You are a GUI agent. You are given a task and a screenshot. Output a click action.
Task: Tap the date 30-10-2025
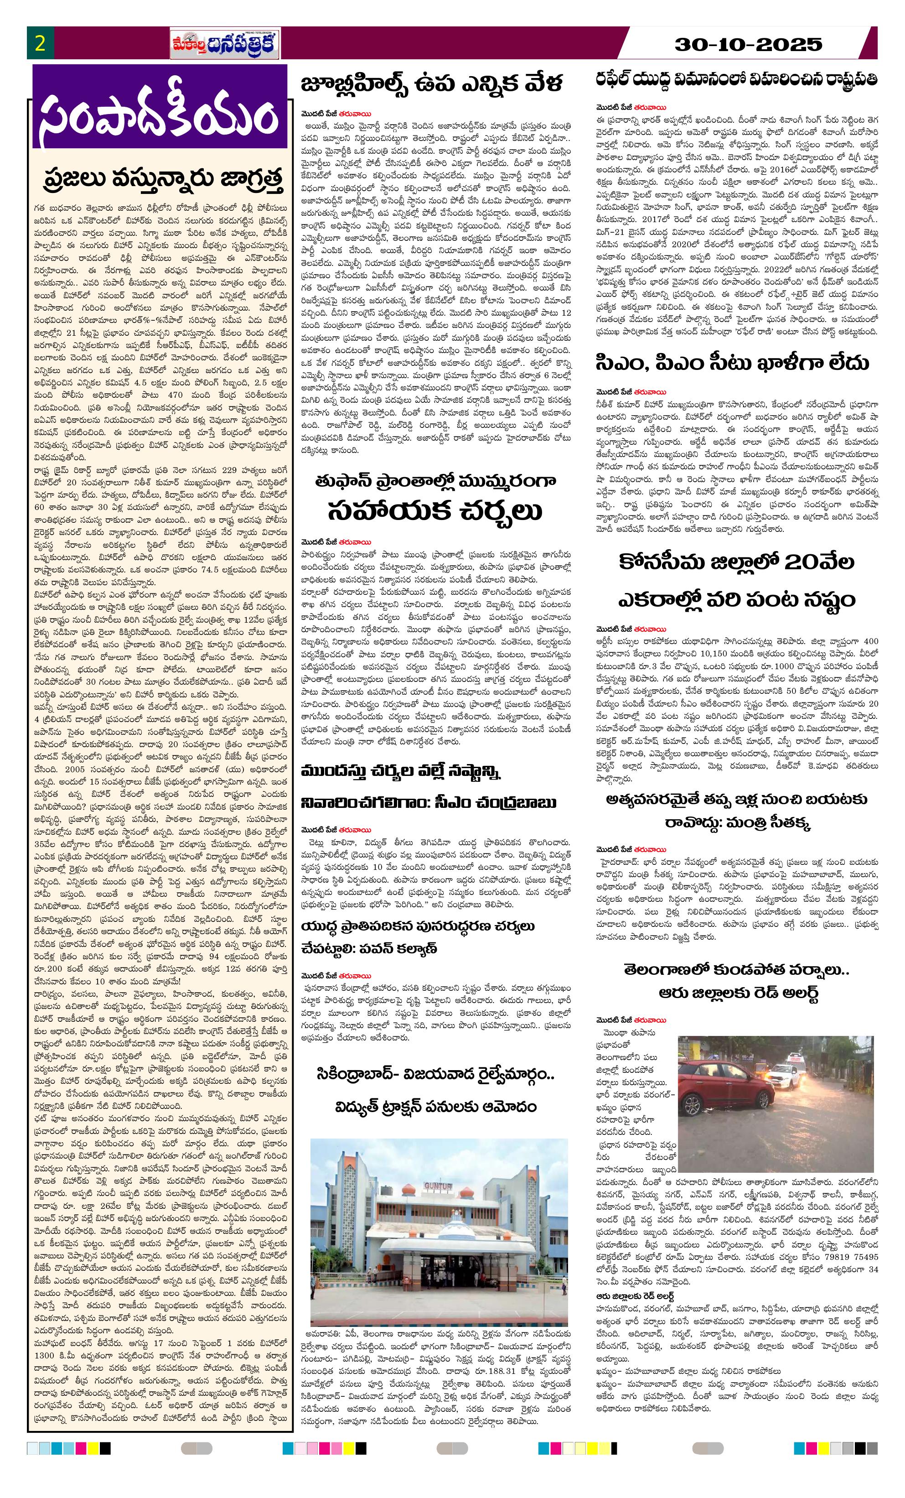pyautogui.click(x=749, y=44)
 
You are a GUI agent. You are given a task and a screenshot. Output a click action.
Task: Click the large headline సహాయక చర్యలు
pyautogui.click(x=434, y=511)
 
